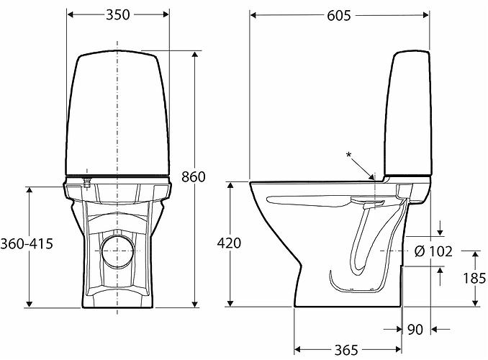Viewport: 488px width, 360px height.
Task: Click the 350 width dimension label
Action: [x=117, y=15]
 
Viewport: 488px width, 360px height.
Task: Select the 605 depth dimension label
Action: [x=338, y=15]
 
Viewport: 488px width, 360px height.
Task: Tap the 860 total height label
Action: [x=194, y=177]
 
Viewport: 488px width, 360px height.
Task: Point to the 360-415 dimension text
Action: [x=28, y=244]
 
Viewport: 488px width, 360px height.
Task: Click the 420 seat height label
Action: [x=229, y=244]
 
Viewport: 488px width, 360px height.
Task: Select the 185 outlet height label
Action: [x=474, y=278]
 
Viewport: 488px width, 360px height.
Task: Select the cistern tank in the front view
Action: [x=117, y=115]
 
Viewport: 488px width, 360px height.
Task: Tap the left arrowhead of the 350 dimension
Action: [x=70, y=14]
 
